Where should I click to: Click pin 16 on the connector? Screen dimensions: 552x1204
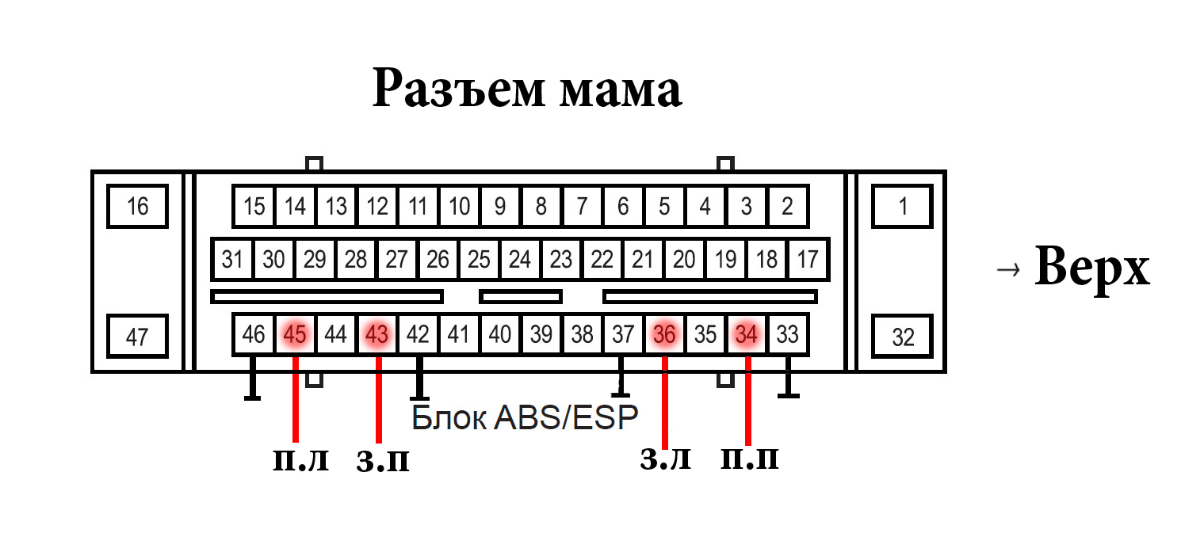pos(137,207)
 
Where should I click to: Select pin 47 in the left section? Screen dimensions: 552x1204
pos(137,337)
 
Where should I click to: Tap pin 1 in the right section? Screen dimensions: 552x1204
pos(903,207)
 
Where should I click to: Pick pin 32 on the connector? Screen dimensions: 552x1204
pos(903,337)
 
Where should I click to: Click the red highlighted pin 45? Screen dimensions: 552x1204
pos(295,335)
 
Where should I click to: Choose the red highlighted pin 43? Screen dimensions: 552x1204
pos(377,335)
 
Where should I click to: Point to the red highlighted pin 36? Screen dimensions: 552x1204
pos(664,335)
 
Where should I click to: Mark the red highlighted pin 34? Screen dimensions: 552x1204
pos(747,335)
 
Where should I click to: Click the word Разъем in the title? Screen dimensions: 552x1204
pos(458,89)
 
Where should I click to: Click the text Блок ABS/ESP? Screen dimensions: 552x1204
pos(525,417)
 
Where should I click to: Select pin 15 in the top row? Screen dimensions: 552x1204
pos(254,207)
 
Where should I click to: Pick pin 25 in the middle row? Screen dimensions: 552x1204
pos(479,259)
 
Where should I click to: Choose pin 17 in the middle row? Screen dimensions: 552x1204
pos(808,259)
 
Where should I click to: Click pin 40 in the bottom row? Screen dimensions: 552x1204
pos(499,335)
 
